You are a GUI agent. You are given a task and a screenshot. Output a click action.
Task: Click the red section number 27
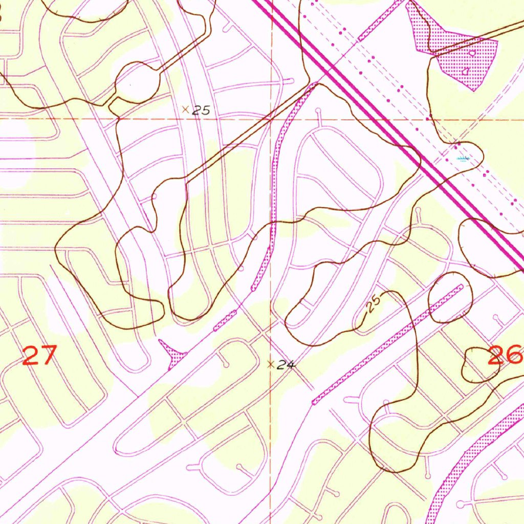[39, 355]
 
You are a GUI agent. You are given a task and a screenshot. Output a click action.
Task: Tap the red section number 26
[504, 355]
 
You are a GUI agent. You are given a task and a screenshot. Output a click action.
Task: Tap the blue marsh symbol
[463, 159]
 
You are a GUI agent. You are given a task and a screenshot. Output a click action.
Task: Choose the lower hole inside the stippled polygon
[466, 72]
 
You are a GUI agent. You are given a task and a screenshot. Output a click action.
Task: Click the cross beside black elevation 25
[185, 109]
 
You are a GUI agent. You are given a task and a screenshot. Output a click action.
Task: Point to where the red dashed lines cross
[271, 119]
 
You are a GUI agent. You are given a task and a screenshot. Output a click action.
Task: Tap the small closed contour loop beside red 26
[480, 364]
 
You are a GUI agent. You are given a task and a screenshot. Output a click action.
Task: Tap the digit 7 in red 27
[47, 355]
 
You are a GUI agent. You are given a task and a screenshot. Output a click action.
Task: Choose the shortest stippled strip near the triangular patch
[225, 320]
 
